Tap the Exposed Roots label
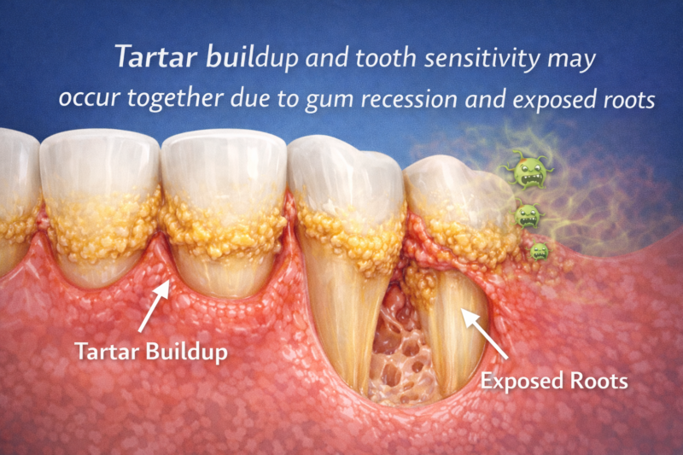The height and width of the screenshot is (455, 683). tap(554, 380)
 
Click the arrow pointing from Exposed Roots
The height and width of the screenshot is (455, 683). tap(486, 333)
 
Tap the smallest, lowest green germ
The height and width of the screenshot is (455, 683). tap(539, 250)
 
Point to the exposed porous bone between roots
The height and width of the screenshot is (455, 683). tap(393, 341)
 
